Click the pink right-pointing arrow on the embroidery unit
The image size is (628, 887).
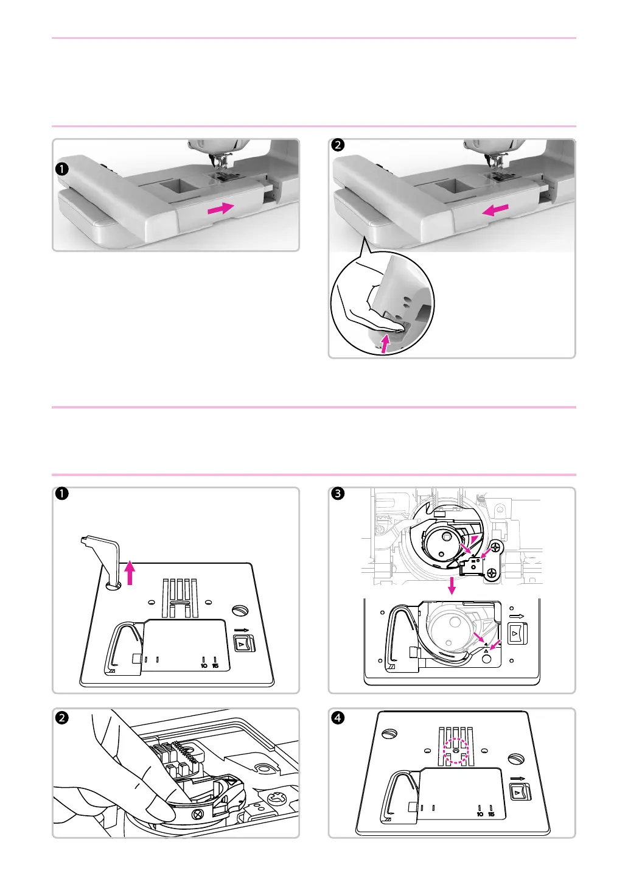pyautogui.click(x=220, y=208)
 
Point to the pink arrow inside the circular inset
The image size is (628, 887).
pyautogui.click(x=384, y=340)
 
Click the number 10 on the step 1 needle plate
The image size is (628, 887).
pyautogui.click(x=204, y=665)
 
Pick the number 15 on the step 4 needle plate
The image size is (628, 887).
pyautogui.click(x=491, y=814)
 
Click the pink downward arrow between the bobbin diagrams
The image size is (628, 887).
pyautogui.click(x=452, y=586)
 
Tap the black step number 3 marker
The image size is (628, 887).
pyautogui.click(x=337, y=494)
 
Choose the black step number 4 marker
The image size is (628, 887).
pyautogui.click(x=337, y=717)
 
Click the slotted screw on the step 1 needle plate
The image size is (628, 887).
pyautogui.click(x=240, y=610)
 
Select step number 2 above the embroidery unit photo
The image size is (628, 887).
pyautogui.click(x=337, y=145)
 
